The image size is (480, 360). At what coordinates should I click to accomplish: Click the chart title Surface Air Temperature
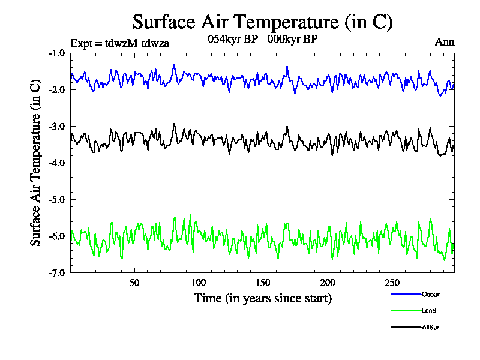click(x=262, y=22)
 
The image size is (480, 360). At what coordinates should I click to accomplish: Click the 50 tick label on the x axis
click(x=134, y=283)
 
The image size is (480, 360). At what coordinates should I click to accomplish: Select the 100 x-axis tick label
click(x=199, y=283)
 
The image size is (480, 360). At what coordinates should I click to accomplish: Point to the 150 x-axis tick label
click(x=263, y=283)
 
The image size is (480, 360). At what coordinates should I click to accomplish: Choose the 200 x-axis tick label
click(x=327, y=283)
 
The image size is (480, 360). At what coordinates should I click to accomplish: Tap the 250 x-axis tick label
click(x=391, y=283)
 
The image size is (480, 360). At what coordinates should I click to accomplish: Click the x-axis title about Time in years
click(x=262, y=298)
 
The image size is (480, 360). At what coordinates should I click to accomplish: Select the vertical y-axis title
click(x=35, y=163)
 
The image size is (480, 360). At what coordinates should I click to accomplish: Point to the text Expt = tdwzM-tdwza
click(x=115, y=43)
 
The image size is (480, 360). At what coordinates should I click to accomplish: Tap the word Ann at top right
click(x=445, y=42)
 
